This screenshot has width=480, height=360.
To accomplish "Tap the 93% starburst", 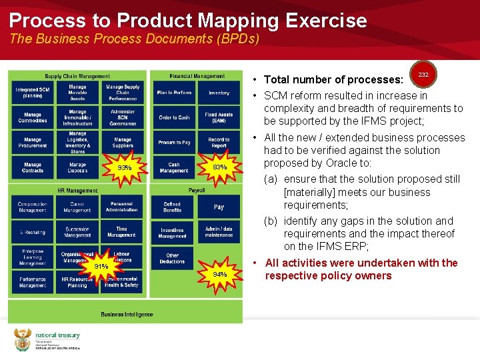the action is tap(124, 167).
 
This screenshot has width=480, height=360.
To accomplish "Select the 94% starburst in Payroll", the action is tap(219, 274).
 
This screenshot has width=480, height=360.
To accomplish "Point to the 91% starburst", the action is tap(101, 267).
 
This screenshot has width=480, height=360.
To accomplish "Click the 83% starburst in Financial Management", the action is tap(219, 167).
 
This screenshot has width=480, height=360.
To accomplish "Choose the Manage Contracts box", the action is tap(33, 167).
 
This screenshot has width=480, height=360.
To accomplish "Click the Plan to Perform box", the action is tap(174, 93).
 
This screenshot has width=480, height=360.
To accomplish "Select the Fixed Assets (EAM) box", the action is tap(219, 117).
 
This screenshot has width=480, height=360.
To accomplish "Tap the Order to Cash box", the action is tap(174, 117).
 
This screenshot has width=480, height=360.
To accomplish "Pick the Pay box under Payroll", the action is tap(219, 207).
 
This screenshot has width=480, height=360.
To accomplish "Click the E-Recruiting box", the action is tap(33, 232).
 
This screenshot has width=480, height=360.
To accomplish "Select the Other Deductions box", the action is tap(173, 258).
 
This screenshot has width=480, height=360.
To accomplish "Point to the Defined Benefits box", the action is tap(173, 207).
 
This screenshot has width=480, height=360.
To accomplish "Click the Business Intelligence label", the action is tap(127, 314).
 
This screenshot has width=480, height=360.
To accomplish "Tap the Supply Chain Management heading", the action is tap(77, 76).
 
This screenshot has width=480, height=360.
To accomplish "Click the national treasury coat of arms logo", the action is tap(23, 339).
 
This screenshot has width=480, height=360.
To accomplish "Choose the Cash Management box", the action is tap(174, 167).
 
